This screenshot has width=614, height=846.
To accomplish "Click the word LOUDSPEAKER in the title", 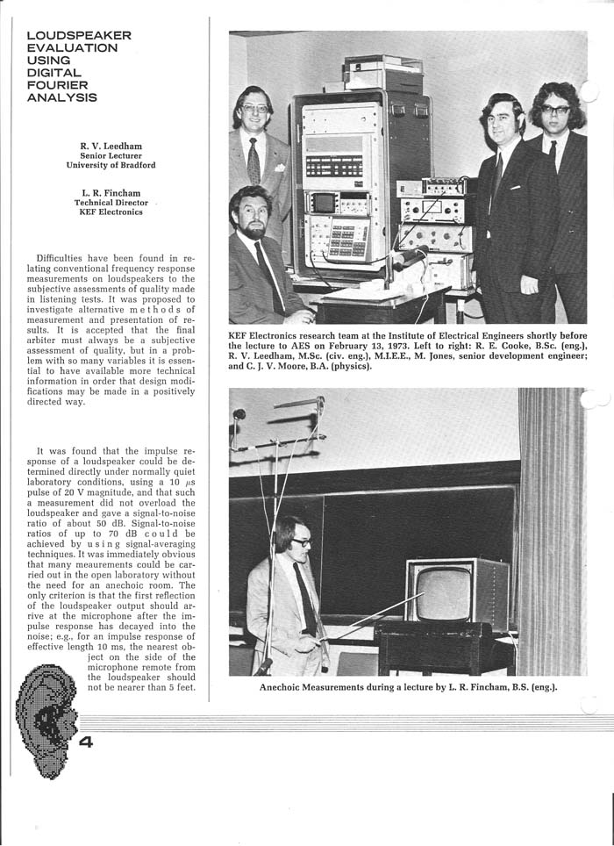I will [x=79, y=36].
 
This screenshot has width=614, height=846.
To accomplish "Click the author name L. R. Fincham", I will [x=110, y=192].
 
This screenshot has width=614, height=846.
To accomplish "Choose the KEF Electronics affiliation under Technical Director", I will [x=110, y=212].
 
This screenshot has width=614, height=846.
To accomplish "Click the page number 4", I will [x=86, y=742].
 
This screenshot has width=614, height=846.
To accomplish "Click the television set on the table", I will [x=453, y=594].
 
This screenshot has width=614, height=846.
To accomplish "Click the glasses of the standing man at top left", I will [x=253, y=110].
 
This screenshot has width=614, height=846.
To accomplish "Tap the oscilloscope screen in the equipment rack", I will [x=324, y=203].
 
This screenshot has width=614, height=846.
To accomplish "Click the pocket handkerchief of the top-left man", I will [x=279, y=165].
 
